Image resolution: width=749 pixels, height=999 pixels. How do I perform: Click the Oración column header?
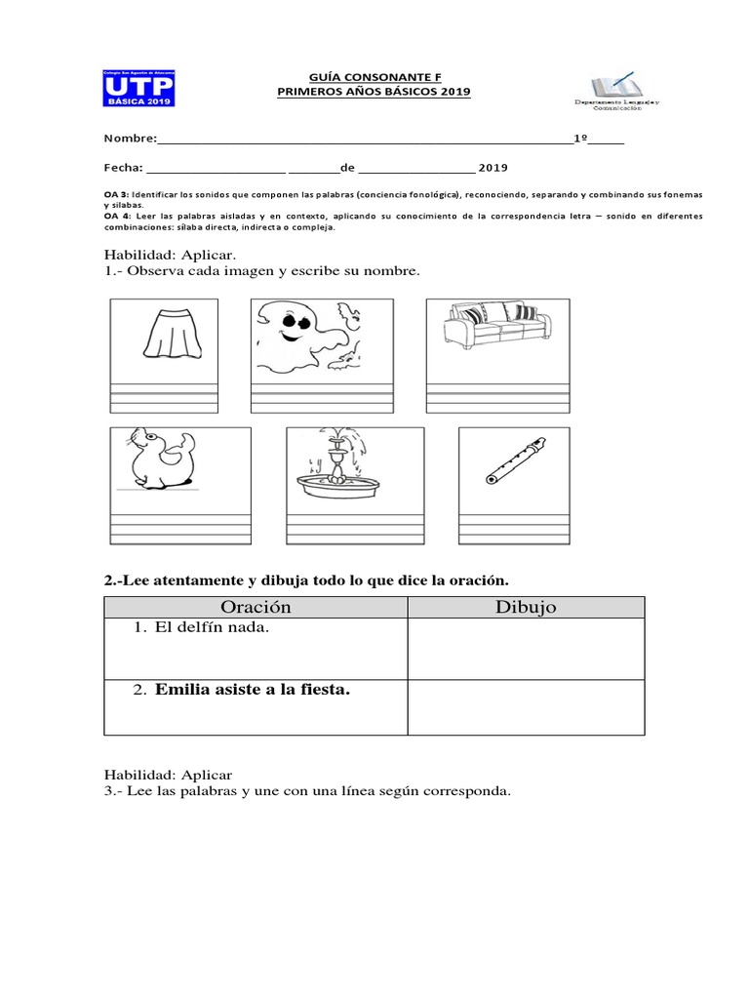256,607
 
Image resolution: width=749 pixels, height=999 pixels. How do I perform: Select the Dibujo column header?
526,607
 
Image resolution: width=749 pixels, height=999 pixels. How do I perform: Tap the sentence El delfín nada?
211,628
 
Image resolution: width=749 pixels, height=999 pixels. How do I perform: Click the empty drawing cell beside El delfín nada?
526,649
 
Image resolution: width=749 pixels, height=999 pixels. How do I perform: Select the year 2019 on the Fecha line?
493,167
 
